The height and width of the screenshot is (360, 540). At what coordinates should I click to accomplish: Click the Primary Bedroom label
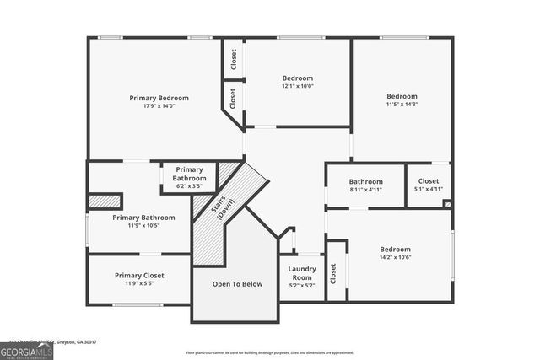[x=159, y=98]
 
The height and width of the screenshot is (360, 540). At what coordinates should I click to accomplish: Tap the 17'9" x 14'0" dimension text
[x=159, y=106]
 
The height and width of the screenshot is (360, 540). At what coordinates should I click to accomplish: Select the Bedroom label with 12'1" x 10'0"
[x=297, y=78]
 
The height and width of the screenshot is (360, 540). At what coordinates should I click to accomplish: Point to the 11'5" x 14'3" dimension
[x=402, y=104]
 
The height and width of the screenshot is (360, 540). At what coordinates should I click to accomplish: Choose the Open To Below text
[x=237, y=284]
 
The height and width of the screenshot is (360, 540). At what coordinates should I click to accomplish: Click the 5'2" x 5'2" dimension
[x=302, y=286]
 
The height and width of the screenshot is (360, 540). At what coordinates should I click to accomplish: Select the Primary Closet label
[x=139, y=276]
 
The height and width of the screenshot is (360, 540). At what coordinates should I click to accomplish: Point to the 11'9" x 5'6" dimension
[x=139, y=284]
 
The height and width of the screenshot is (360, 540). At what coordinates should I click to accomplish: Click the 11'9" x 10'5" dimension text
[x=143, y=225]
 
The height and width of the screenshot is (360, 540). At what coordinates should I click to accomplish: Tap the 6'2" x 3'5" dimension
[x=189, y=185]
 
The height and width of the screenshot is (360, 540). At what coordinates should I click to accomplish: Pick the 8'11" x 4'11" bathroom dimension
[x=365, y=190]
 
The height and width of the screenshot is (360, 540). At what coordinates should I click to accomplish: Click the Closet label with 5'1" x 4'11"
[x=429, y=180]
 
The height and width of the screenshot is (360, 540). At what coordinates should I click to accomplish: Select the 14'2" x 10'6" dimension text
[x=395, y=257]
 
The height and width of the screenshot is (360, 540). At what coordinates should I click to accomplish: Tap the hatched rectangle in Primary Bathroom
[x=105, y=201]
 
